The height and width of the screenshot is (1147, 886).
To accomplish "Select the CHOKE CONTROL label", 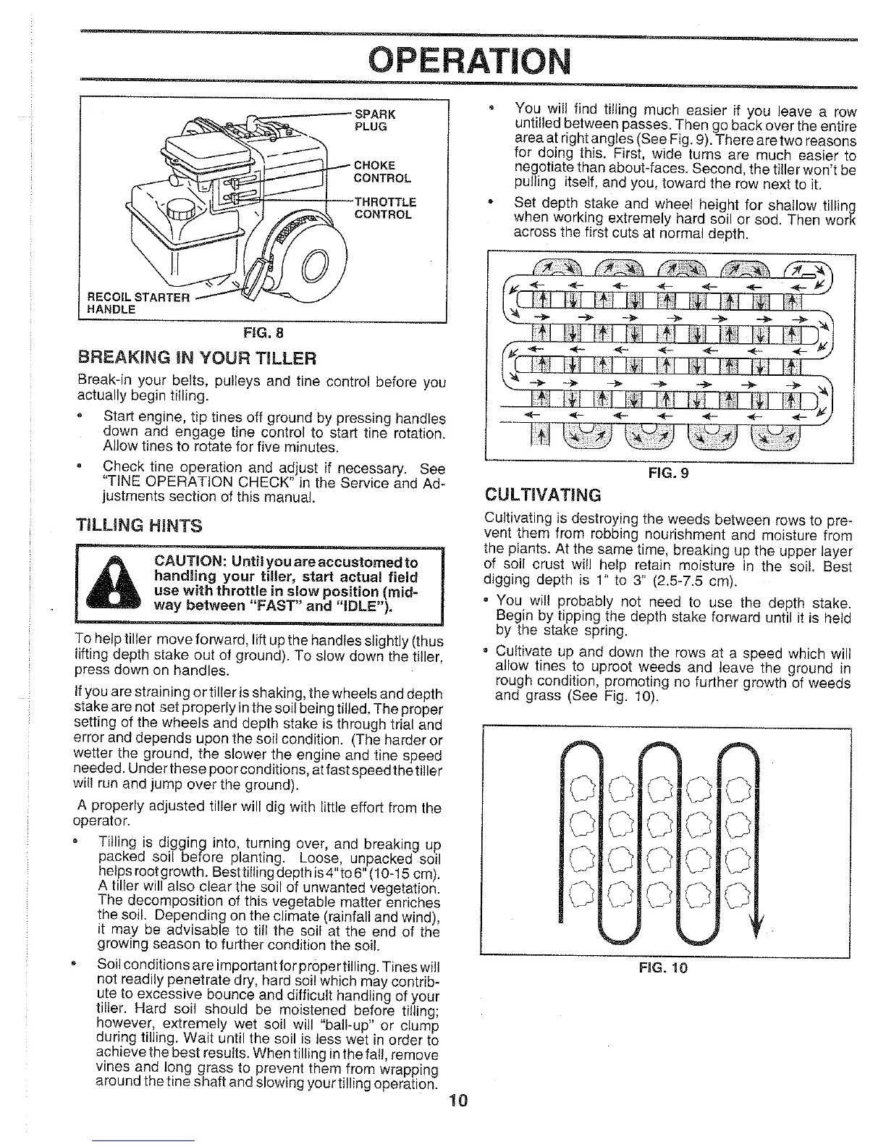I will (381, 171).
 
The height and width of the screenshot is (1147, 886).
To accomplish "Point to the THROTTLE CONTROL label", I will (384, 208).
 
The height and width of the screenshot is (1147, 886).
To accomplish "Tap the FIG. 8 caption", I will (263, 333).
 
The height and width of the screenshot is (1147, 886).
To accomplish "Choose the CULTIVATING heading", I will (542, 495).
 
